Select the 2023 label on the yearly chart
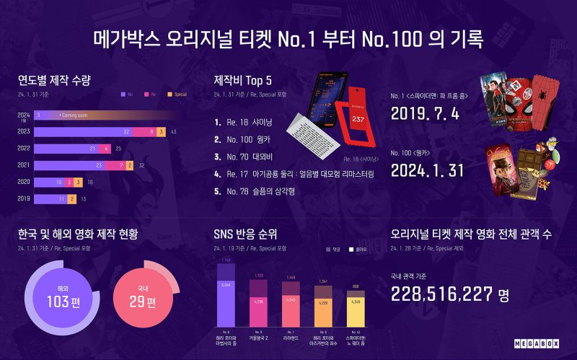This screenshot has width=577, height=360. pos(24,132)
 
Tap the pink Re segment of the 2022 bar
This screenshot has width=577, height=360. pos(107,149)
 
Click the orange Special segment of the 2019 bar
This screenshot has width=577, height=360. pos(71,198)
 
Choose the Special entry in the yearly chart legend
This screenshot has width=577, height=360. pos(174,95)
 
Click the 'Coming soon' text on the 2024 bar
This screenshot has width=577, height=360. pos(74,115)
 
